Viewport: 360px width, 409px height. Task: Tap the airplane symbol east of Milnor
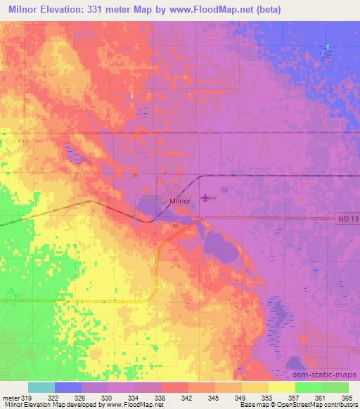coord(205,197)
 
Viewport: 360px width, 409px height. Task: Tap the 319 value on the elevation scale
coord(27,397)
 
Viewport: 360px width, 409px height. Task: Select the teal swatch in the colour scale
coord(41,387)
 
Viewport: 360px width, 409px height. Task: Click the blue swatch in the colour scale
coord(68,387)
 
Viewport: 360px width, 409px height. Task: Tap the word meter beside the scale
coord(10,397)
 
